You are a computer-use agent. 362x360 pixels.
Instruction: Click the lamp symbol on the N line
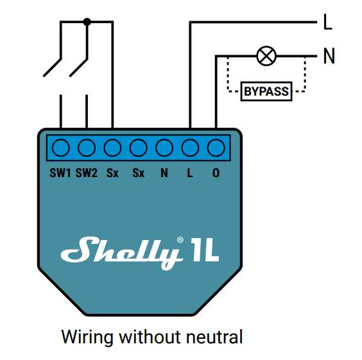pos(266,55)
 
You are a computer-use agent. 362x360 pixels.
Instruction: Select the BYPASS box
pos(266,92)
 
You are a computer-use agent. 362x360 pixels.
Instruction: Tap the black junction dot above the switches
pos(87,22)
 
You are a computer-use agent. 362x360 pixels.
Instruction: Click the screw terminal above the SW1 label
pos(61,148)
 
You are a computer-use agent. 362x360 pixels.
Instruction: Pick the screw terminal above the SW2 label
pos(87,148)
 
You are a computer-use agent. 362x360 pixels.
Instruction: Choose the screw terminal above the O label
pos(216,148)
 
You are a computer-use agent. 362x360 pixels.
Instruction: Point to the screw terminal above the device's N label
pos(164,148)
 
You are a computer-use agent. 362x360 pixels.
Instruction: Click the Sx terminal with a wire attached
pos(112,148)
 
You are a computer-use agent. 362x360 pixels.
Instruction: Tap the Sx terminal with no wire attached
pos(138,148)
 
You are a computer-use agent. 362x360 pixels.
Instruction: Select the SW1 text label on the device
pos(60,173)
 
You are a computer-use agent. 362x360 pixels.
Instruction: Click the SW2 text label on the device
pos(86,173)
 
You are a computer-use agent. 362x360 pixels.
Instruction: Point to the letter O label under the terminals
pos(216,173)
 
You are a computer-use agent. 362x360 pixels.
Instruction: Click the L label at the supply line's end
pos(328,24)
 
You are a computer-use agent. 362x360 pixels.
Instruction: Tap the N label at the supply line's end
pos(329,56)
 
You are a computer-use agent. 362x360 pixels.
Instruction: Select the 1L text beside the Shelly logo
pos(205,251)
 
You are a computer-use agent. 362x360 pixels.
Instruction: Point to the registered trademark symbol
pos(180,239)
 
